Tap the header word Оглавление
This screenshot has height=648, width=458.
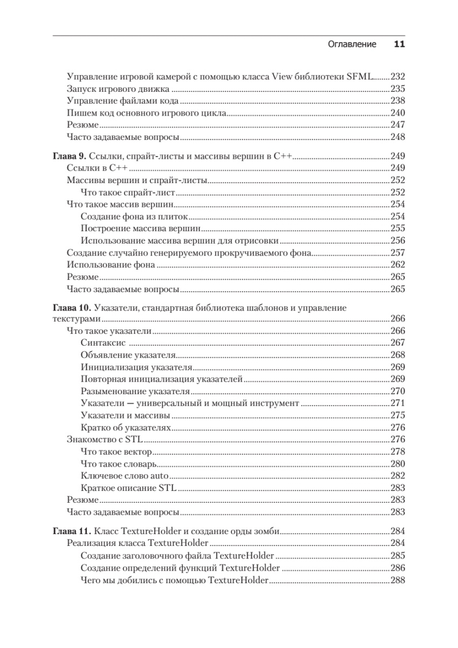(x=352, y=44)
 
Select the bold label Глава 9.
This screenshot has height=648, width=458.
(x=69, y=156)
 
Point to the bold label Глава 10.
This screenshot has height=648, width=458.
(x=71, y=308)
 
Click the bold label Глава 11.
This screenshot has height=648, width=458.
(x=71, y=531)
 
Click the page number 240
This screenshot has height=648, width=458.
(x=398, y=113)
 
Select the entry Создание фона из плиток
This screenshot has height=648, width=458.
(x=134, y=216)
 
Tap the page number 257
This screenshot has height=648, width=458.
(x=398, y=253)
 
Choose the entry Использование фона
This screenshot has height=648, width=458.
(x=111, y=265)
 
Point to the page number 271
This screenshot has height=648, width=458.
(x=398, y=403)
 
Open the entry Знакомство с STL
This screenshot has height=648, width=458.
(x=100, y=439)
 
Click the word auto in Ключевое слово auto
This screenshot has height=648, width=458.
(x=160, y=476)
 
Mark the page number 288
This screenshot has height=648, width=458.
(x=398, y=580)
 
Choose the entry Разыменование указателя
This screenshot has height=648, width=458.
(x=135, y=391)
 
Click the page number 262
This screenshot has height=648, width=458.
(x=398, y=265)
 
